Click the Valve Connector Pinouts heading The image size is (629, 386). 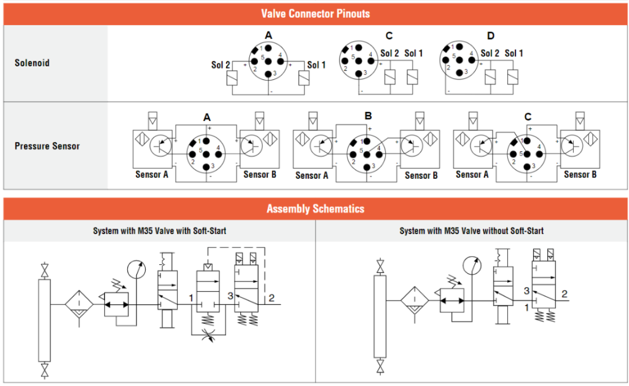pyautogui.click(x=315, y=13)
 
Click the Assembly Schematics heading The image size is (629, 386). pyautogui.click(x=315, y=209)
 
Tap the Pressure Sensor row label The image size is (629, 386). pyautogui.click(x=47, y=146)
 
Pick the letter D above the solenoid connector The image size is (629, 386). pyautogui.click(x=490, y=36)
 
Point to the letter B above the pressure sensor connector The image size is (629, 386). pyautogui.click(x=368, y=116)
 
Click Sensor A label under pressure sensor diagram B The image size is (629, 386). pyautogui.click(x=312, y=176)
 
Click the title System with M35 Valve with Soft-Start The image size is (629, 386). pyautogui.click(x=159, y=231)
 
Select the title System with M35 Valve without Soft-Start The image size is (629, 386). pyautogui.click(x=471, y=231)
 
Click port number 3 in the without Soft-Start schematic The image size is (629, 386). pyautogui.click(x=526, y=291)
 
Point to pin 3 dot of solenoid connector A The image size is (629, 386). pyautogui.click(x=269, y=75)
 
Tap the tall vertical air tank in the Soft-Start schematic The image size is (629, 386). pyautogui.click(x=44, y=319)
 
